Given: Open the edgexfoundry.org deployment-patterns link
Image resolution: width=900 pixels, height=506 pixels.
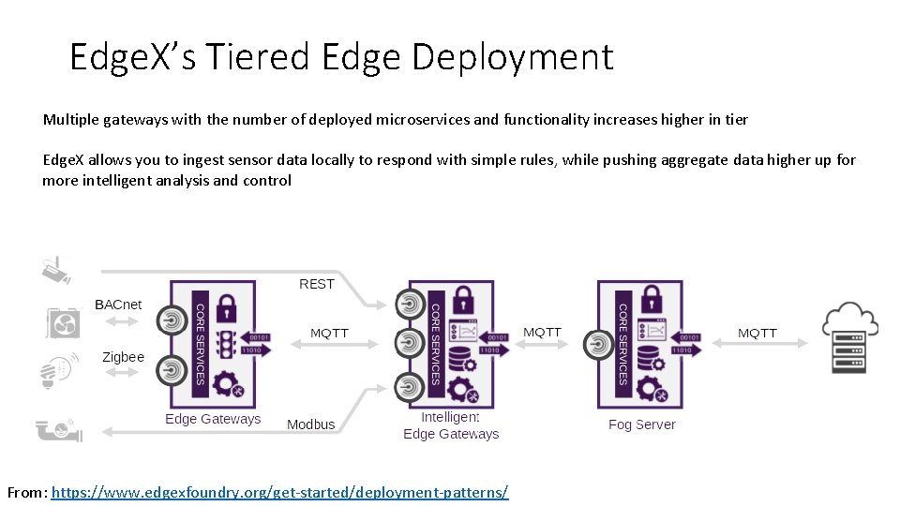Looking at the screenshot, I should point(279,492).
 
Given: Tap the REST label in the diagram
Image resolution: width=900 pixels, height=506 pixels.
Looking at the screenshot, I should point(316,284).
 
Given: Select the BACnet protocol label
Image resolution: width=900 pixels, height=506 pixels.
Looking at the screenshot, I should point(119,305).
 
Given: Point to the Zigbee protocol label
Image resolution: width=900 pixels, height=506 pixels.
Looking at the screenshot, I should point(123,357).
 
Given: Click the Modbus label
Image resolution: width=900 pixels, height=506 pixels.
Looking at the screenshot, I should point(310,424).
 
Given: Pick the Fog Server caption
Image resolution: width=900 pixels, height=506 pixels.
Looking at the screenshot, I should point(641,424).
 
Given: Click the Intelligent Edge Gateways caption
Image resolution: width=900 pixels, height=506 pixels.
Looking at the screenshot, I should point(451,425).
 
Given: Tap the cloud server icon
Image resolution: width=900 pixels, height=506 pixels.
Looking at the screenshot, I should point(849,337).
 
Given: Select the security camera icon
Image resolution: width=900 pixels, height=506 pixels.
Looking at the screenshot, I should point(56,270).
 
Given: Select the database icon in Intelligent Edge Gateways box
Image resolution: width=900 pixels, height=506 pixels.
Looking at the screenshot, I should point(460,359).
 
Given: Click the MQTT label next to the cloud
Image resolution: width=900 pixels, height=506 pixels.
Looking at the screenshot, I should point(757,333).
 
